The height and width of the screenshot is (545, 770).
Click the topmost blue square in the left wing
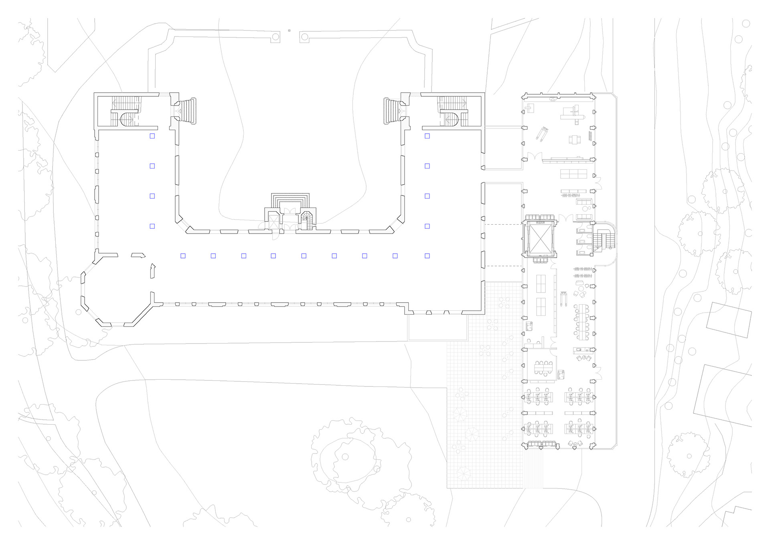tap(152, 136)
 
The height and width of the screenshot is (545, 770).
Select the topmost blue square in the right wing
tap(427, 136)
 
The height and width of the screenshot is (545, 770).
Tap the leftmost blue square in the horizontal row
tap(183, 256)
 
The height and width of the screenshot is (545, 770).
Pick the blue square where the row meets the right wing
tap(427, 256)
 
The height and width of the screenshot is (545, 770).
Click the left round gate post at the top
tap(276, 37)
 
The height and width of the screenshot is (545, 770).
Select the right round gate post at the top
tap(304, 37)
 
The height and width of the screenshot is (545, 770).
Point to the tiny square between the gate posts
tap(289, 30)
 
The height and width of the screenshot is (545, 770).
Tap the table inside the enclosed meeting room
tap(543, 366)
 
